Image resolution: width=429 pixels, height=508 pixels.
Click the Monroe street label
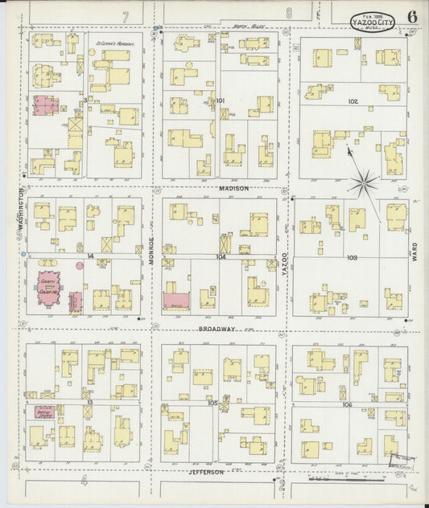pos(151,253)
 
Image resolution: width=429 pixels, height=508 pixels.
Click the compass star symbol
pos(364,184)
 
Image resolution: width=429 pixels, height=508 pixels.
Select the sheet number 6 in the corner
pos(412,16)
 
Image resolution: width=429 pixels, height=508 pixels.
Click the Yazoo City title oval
pos(373,18)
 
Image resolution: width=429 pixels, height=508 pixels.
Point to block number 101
pos(221,100)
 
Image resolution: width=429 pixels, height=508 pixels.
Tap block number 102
pos(353,102)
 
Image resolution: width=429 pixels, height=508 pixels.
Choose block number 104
pos(221,257)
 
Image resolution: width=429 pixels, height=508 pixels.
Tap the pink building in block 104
pos(176,301)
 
